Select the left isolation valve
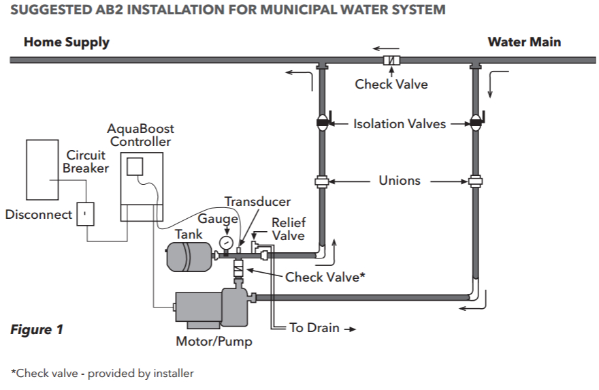pyautogui.click(x=322, y=123)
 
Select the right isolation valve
pyautogui.click(x=475, y=123)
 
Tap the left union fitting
pyautogui.click(x=322, y=181)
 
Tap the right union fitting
pyautogui.click(x=475, y=181)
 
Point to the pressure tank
pyautogui.click(x=189, y=256)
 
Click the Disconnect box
pyautogui.click(x=85, y=214)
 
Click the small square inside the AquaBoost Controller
pyautogui.click(x=135, y=166)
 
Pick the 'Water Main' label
pyautogui.click(x=524, y=42)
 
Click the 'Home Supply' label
pyautogui.click(x=67, y=42)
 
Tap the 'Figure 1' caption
pyautogui.click(x=37, y=330)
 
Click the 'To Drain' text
pyautogui.click(x=314, y=328)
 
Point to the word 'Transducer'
pyautogui.click(x=258, y=202)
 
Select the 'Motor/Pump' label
pyautogui.click(x=214, y=342)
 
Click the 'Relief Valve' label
pyautogui.click(x=289, y=229)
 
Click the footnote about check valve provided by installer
pyautogui.click(x=102, y=373)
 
